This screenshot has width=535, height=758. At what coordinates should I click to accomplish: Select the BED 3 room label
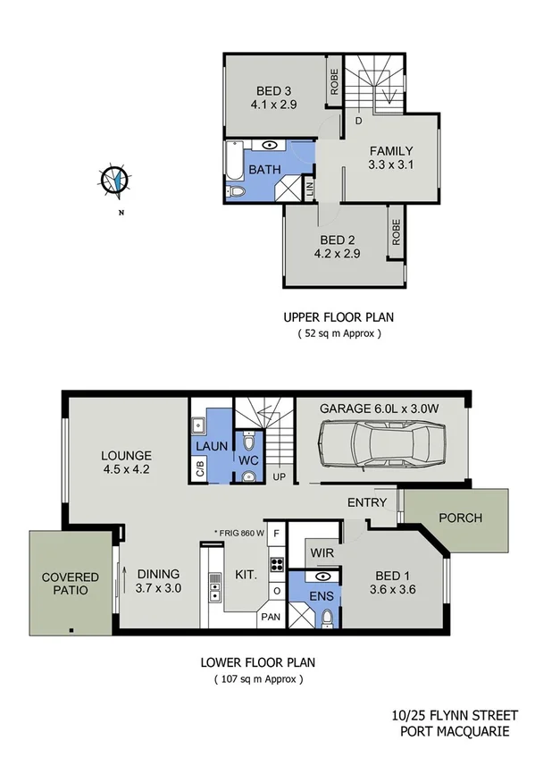[274, 90]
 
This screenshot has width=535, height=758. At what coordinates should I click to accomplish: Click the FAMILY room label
[390, 150]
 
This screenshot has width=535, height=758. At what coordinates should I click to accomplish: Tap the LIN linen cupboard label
[309, 189]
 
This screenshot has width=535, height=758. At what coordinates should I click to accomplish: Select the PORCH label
[460, 518]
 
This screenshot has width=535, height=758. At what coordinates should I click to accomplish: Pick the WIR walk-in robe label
[322, 553]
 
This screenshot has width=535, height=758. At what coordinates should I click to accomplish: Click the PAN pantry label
[270, 617]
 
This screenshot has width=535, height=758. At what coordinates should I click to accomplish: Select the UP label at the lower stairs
[279, 477]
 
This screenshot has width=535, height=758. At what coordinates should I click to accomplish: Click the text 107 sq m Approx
[258, 679]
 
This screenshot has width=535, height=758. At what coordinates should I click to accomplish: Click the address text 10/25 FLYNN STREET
[449, 715]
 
